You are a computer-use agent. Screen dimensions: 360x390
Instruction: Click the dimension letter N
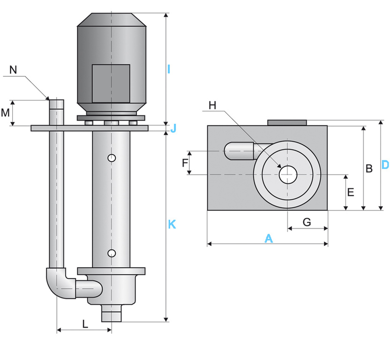pyautogui.click(x=13, y=70)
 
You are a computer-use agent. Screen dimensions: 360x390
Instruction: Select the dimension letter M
pyautogui.click(x=5, y=112)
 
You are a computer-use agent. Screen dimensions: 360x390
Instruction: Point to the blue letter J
pyautogui.click(x=173, y=128)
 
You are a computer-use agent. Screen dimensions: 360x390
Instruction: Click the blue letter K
pyautogui.click(x=172, y=225)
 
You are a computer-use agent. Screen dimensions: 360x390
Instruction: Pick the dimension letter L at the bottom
pyautogui.click(x=85, y=323)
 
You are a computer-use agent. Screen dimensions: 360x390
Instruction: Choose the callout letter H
pyautogui.click(x=212, y=105)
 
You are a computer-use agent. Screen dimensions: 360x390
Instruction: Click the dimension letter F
pyautogui.click(x=185, y=163)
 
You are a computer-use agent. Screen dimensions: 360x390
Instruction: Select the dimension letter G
pyautogui.click(x=307, y=222)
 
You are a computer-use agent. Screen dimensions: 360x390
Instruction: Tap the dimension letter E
pyautogui.click(x=351, y=192)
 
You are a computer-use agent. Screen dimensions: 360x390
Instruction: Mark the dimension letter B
pyautogui.click(x=369, y=168)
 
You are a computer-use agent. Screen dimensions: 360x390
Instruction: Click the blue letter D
pyautogui.click(x=384, y=165)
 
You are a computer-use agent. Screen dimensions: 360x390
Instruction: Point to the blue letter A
pyautogui.click(x=268, y=239)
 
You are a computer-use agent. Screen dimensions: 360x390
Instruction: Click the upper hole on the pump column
pyautogui.click(x=112, y=158)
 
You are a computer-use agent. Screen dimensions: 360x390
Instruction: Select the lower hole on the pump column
pyautogui.click(x=112, y=254)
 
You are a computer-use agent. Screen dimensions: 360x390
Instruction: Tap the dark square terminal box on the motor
pyautogui.click(x=111, y=83)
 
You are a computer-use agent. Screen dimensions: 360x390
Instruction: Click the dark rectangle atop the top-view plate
pyautogui.click(x=287, y=123)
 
